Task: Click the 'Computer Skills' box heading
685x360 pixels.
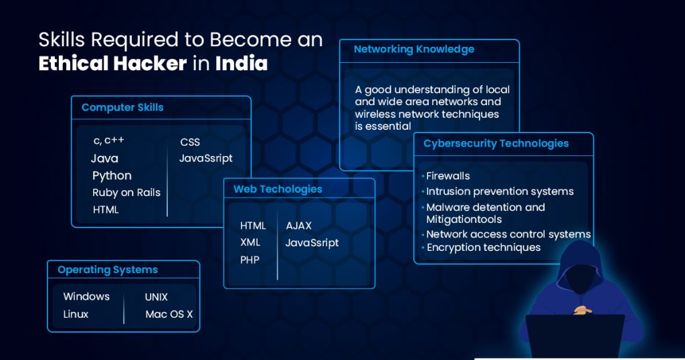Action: [122, 108]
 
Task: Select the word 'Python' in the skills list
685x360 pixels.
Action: [112, 175]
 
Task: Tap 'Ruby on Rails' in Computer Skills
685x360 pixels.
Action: [126, 193]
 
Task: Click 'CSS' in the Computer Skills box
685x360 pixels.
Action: [190, 142]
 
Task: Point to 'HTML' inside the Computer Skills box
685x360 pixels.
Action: [106, 209]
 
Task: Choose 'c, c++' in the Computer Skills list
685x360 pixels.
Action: [109, 141]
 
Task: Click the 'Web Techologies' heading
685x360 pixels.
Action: [278, 189]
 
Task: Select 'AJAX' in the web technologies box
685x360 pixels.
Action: [299, 226]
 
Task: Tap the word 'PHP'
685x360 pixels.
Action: [250, 260]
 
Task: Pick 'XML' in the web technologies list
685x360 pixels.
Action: [250, 242]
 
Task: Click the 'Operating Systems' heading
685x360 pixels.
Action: [108, 270]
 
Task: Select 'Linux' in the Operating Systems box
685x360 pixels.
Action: [76, 314]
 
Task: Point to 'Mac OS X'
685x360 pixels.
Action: [169, 314]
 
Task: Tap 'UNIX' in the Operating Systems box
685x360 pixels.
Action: [157, 297]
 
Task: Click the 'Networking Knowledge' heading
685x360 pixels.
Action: [413, 50]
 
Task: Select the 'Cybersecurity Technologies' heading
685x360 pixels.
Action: [496, 144]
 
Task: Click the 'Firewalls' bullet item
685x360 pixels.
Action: [448, 176]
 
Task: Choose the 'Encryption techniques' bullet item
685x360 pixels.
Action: [483, 248]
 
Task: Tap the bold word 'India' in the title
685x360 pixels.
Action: [241, 64]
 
